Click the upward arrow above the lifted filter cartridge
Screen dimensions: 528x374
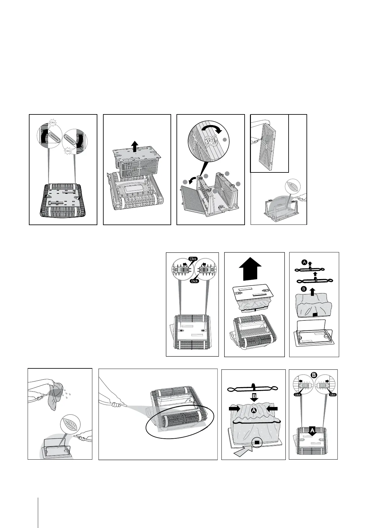134,146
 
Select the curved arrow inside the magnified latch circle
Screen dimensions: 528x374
212,128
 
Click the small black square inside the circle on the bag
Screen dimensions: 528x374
257,442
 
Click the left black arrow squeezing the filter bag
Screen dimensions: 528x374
235,409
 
